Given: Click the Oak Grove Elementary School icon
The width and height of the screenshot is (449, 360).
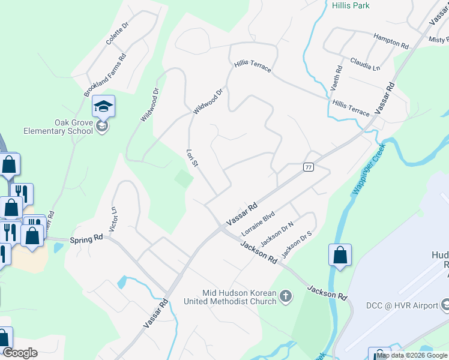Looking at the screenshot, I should [x=103, y=107].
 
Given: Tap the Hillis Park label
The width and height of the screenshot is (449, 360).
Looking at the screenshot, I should [x=351, y=5].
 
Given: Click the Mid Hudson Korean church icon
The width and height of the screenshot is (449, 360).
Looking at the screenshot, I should [x=286, y=296].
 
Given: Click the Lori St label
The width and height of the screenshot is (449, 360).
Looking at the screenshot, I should [x=191, y=160].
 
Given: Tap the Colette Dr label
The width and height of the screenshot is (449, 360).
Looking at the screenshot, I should [x=118, y=34].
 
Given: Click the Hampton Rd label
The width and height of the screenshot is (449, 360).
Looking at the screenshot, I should [x=391, y=41].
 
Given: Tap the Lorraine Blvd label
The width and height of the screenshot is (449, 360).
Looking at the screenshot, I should [x=258, y=223].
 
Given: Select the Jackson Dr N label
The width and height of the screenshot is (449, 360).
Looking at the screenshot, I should [x=277, y=234].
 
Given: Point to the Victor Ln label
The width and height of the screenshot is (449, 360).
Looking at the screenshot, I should [x=113, y=219].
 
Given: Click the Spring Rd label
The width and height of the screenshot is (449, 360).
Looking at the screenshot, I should [x=86, y=239].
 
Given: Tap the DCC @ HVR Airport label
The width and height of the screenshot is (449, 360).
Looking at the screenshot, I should [x=402, y=305].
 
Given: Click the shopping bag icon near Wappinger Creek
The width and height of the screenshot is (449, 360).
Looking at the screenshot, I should [x=340, y=254].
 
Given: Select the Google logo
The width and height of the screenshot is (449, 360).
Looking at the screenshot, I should [x=20, y=352].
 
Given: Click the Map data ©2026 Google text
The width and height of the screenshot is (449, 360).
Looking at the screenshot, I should [x=412, y=355].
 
